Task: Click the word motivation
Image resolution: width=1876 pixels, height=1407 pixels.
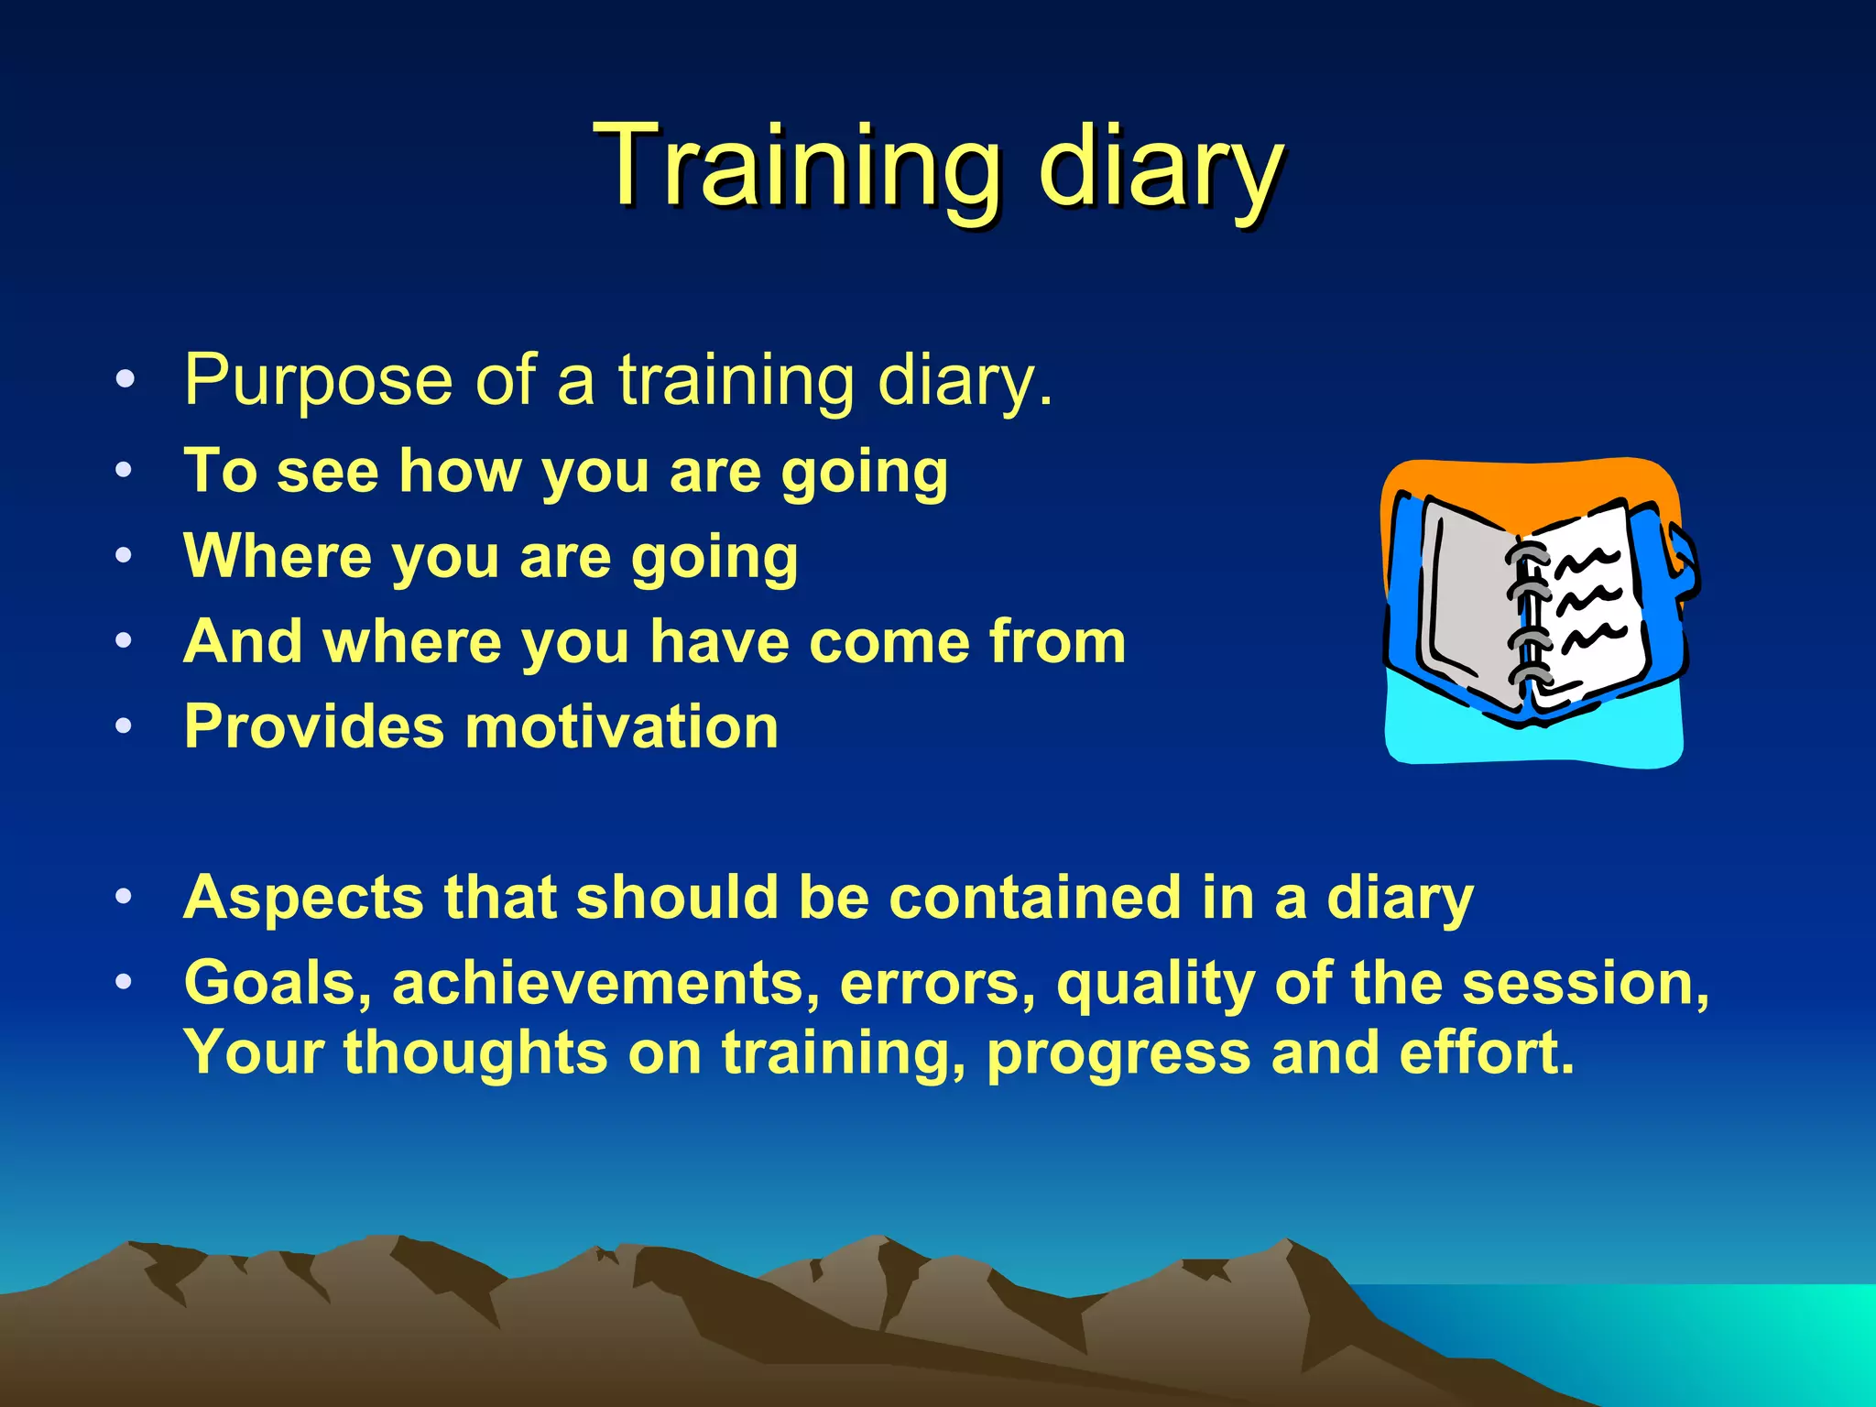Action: (x=622, y=726)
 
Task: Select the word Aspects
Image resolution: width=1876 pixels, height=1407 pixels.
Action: (x=303, y=897)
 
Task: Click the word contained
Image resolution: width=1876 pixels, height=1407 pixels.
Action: (x=1035, y=897)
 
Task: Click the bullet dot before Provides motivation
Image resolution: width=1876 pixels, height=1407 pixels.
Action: (x=125, y=726)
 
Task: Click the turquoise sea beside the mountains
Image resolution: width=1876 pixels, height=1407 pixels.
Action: (x=1695, y=1337)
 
